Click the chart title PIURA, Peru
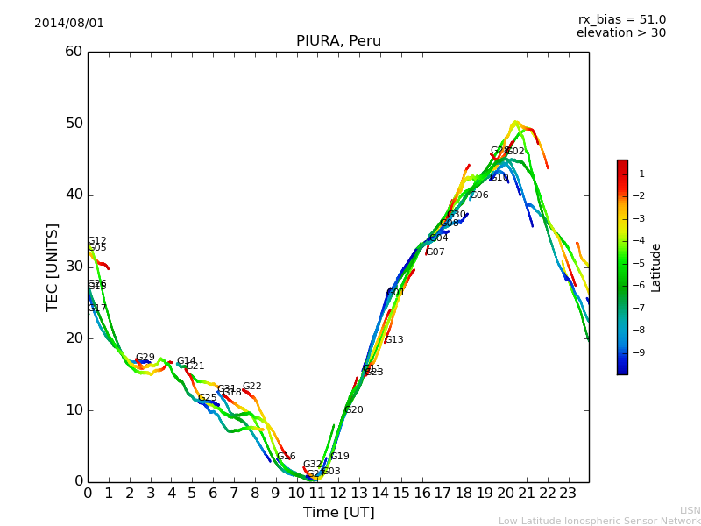[338, 41]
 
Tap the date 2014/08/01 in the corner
[69, 24]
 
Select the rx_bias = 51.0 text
[621, 19]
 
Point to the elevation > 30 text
[620, 33]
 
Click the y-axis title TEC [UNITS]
[53, 267]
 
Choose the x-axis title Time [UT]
[338, 513]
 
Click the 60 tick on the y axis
[74, 52]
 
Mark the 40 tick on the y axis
[74, 195]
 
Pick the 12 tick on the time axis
[338, 493]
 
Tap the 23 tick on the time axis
[568, 493]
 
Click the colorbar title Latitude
[656, 267]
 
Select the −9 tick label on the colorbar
[639, 352]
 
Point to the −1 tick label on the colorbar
[639, 174]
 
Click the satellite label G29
[145, 358]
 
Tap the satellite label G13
[394, 340]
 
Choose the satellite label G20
[353, 409]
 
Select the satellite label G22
[251, 387]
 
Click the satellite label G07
[435, 252]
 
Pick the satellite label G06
[479, 195]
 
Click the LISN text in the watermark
[690, 510]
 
